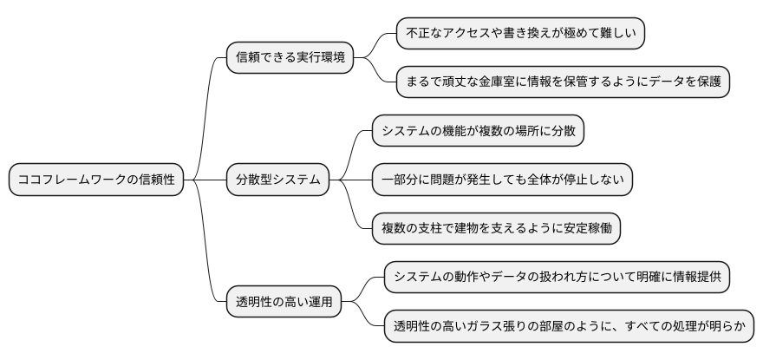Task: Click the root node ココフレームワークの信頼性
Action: click(96, 180)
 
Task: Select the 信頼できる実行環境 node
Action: click(290, 58)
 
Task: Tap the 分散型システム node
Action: click(278, 180)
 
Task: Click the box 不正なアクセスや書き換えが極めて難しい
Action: click(521, 34)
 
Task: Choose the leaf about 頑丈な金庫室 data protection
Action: click(562, 82)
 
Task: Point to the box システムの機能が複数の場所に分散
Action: click(479, 131)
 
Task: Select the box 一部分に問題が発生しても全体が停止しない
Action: click(502, 180)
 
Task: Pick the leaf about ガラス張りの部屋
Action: click(569, 327)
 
